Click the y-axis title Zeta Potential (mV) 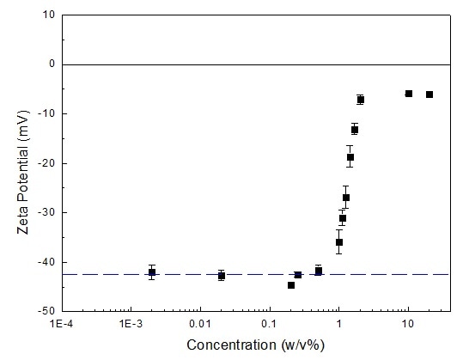coord(15,161)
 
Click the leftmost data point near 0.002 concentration coord(152,272)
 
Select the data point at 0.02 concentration coord(222,276)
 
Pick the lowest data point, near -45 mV coord(291,285)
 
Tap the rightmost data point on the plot coord(429,95)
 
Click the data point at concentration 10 coord(409,94)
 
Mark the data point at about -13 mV coord(355,130)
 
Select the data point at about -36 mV coord(339,242)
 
